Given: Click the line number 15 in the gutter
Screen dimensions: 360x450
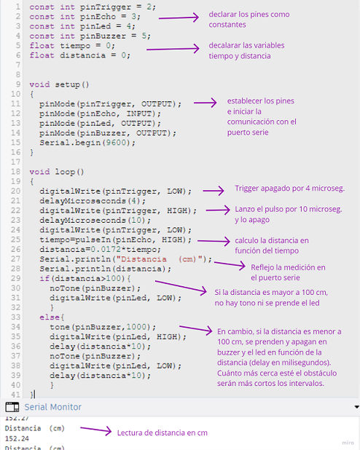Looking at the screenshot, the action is (x=16, y=143).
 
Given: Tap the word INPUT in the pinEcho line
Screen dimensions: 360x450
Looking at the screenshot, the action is (x=139, y=114).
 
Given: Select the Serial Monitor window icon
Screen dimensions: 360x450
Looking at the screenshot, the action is (x=12, y=407).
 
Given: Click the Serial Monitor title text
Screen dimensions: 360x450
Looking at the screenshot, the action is (x=53, y=407).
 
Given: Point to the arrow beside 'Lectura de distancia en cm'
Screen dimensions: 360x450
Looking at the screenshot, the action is (x=95, y=430).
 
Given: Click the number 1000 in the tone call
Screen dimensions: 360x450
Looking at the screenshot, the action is (x=136, y=327).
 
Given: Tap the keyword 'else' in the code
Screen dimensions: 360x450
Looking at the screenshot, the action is (x=50, y=317).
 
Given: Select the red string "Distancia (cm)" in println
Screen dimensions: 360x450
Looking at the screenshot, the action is (x=161, y=259).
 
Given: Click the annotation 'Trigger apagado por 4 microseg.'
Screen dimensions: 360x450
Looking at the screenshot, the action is (x=289, y=189).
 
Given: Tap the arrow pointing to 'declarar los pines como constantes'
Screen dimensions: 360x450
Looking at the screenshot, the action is (x=179, y=17).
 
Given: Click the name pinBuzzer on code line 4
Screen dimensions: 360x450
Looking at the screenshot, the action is (x=103, y=36).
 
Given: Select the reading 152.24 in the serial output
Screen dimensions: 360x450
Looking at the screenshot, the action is (x=17, y=438).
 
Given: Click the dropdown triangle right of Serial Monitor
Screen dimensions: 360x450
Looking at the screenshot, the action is (x=356, y=407).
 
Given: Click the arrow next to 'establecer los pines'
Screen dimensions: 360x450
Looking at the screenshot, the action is (x=205, y=103).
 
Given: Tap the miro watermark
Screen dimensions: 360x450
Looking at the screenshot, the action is (x=348, y=443).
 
